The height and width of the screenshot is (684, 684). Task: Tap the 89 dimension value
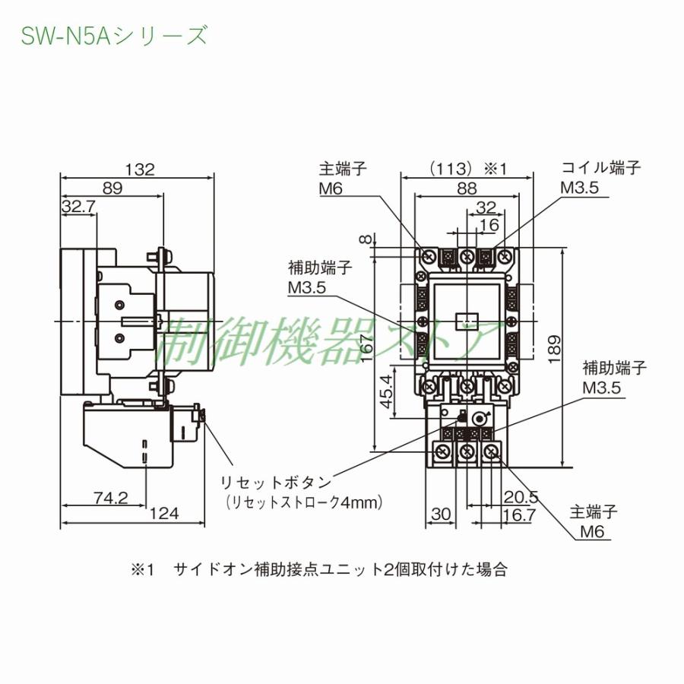(x=112, y=188)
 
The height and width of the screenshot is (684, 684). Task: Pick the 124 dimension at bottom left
(x=164, y=514)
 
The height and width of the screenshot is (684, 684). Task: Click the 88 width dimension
(x=467, y=188)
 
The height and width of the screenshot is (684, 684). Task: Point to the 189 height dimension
(x=575, y=349)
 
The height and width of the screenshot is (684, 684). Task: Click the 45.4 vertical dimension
(x=387, y=392)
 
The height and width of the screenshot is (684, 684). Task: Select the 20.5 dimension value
(x=521, y=497)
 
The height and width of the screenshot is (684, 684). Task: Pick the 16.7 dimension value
(x=520, y=515)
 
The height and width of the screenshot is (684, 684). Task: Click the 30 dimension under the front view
(x=441, y=515)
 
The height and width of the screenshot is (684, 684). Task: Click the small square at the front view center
(x=467, y=321)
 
